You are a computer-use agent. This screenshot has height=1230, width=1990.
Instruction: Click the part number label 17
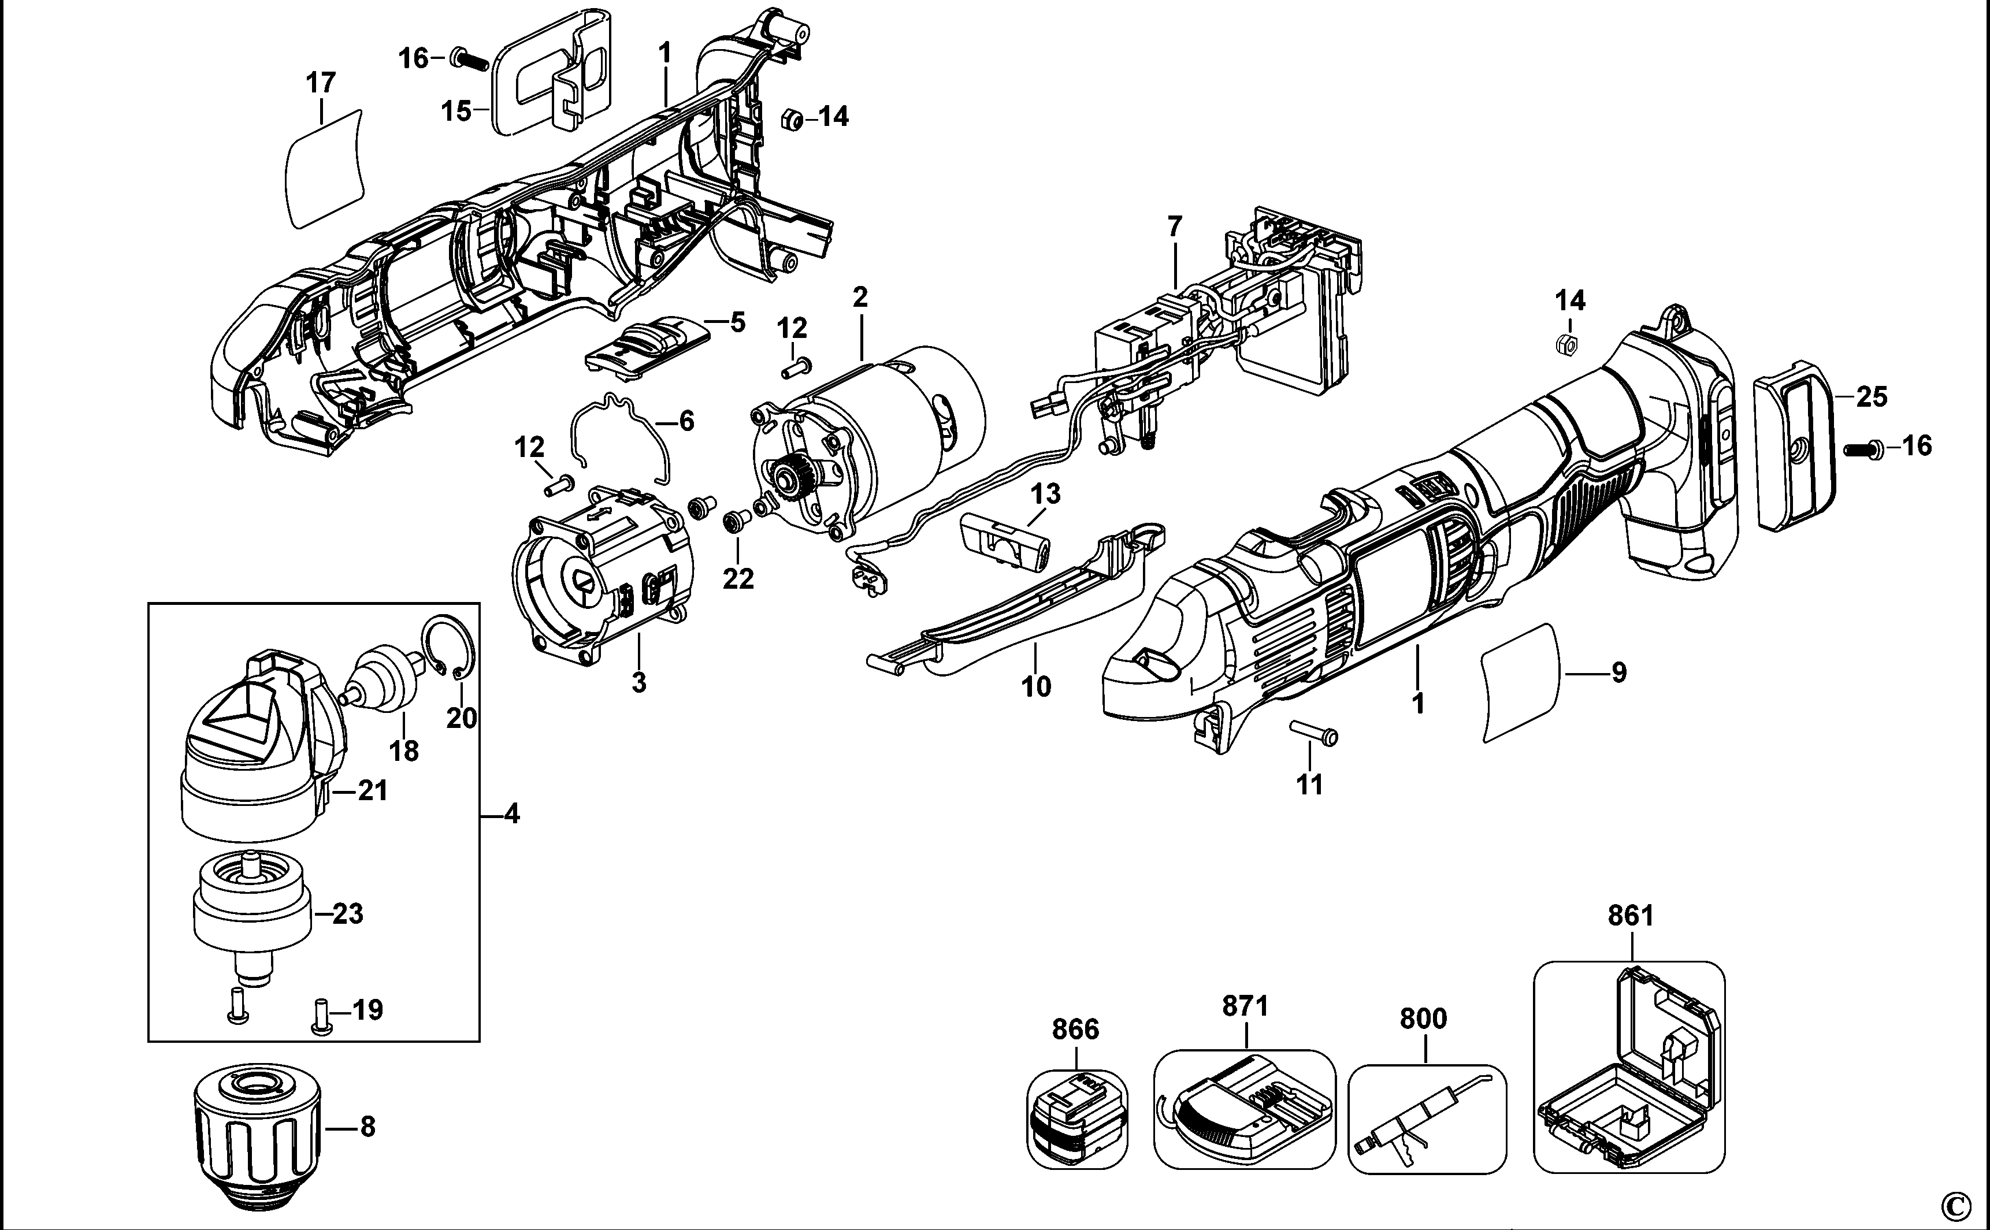pos(321,83)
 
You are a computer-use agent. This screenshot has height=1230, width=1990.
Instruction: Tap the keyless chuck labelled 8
pos(257,1131)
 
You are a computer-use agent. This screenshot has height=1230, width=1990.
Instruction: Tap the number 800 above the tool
pos(1423,1019)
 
